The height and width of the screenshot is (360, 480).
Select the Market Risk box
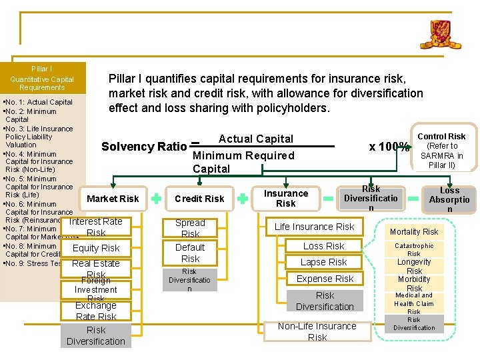113,199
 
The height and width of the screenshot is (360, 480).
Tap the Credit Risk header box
199,199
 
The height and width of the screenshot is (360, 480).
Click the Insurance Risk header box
285,198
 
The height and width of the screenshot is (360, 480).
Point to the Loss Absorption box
449,199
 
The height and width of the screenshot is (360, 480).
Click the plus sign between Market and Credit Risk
155,198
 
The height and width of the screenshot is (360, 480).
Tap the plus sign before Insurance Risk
243,198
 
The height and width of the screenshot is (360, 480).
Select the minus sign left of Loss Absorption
413,197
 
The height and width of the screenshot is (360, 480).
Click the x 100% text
389,147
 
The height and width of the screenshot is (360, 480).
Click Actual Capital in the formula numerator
256,139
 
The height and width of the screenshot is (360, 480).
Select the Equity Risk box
96,248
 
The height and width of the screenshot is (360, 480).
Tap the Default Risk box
190,253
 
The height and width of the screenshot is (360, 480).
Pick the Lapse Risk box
323,262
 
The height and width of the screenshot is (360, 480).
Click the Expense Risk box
325,279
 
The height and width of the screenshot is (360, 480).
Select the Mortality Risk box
414,232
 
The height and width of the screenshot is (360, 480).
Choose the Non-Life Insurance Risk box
317,331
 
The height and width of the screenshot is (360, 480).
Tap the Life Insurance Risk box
315,227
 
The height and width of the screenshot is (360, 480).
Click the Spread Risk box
190,228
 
